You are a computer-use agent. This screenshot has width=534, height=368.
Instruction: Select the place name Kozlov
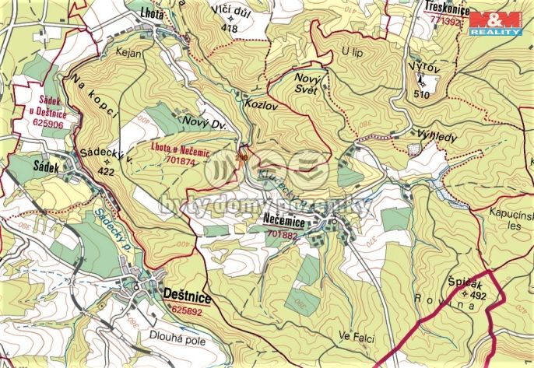click(x=259, y=103)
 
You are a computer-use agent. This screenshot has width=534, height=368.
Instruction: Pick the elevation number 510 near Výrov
click(x=422, y=94)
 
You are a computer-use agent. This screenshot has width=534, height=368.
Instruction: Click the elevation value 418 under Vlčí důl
click(x=229, y=28)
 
